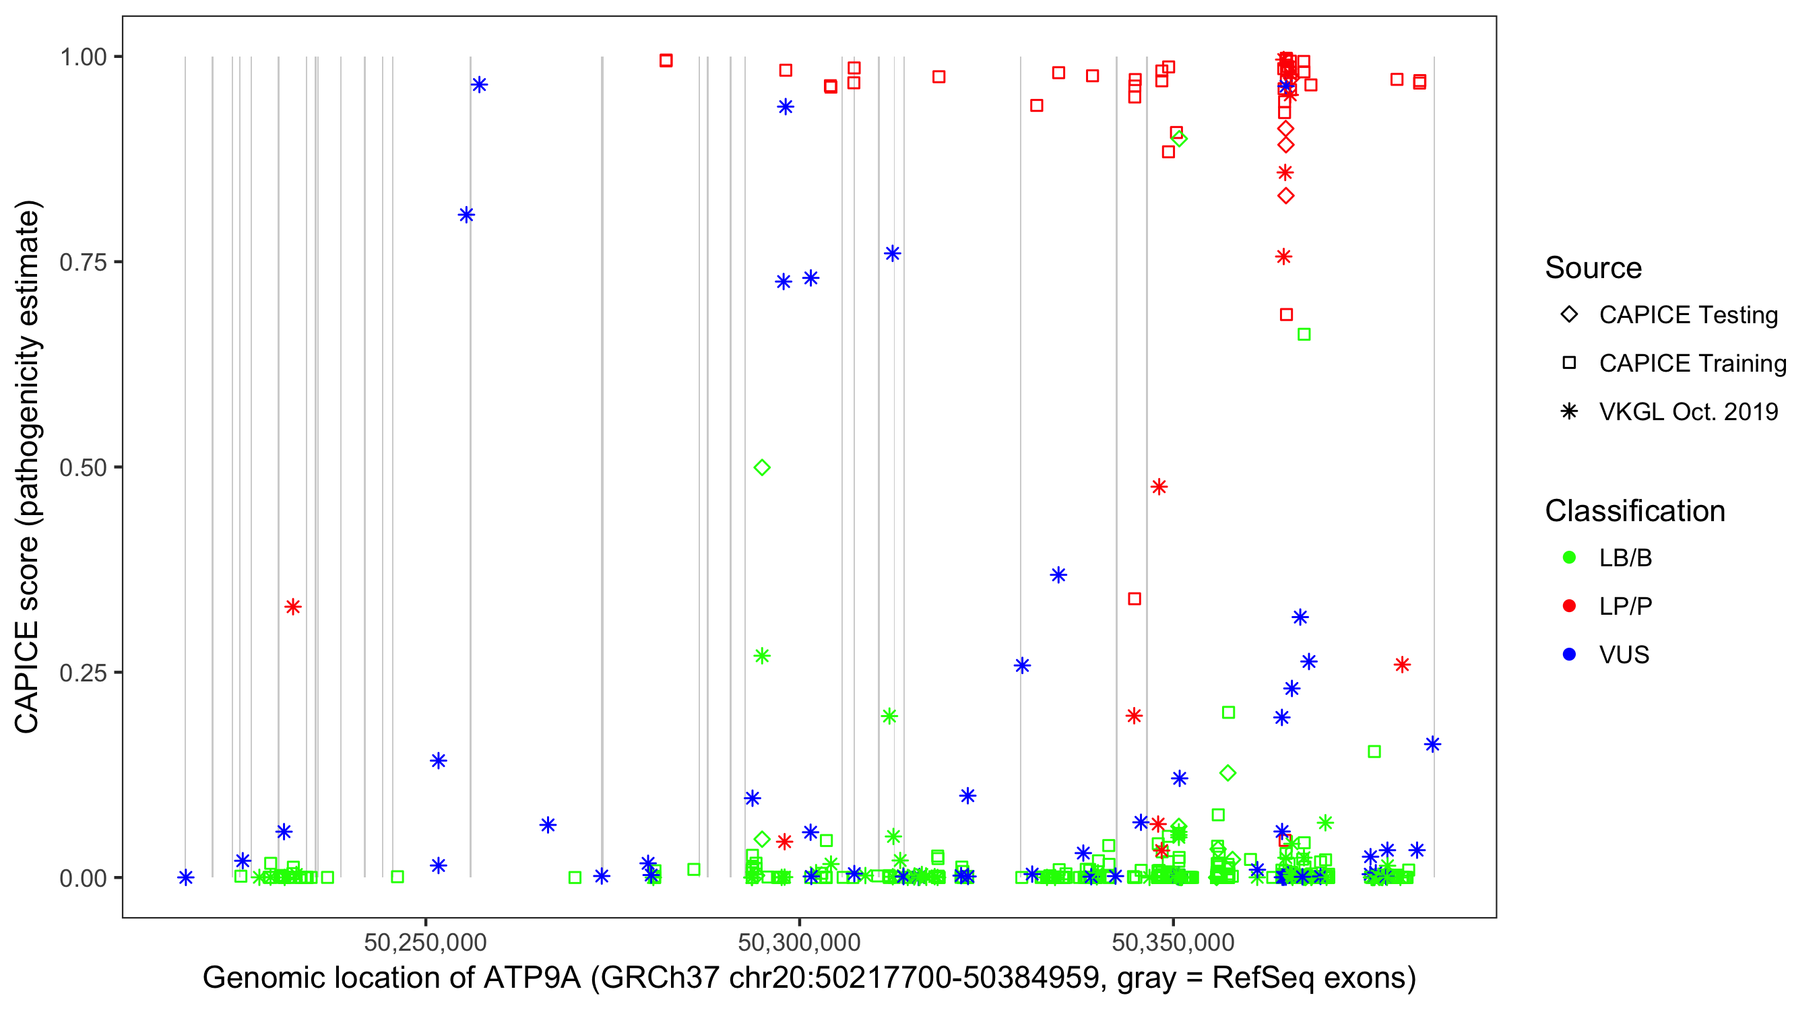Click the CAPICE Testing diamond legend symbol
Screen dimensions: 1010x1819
click(1569, 315)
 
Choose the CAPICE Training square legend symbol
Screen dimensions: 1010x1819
click(1569, 364)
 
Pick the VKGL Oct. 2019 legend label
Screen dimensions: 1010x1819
click(1688, 412)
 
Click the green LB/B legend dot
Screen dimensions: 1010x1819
click(1569, 558)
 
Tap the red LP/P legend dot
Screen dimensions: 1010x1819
click(1569, 606)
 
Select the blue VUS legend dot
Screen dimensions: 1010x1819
click(1569, 655)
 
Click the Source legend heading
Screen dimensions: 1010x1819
click(1593, 268)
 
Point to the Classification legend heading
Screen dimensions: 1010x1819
click(1634, 511)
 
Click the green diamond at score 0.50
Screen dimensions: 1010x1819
click(761, 467)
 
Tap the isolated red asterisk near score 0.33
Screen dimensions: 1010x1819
click(293, 607)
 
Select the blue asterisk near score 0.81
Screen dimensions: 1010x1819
click(466, 215)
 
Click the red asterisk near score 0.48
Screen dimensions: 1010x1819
click(1159, 487)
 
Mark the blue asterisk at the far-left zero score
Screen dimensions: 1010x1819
click(186, 877)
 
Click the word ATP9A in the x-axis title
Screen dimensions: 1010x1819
click(532, 978)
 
